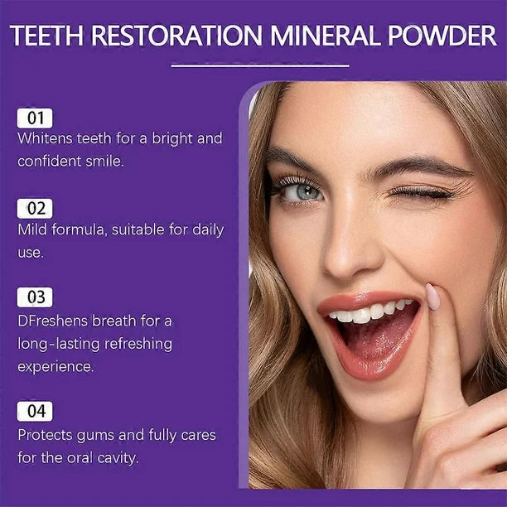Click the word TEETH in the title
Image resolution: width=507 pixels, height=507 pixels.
(51, 37)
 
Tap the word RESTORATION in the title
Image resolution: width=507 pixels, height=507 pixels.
(176, 37)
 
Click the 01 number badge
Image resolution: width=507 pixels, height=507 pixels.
(34, 118)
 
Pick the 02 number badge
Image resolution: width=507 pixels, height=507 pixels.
(34, 208)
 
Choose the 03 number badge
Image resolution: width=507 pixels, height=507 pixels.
(34, 297)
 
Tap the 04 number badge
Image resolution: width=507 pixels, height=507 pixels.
(34, 411)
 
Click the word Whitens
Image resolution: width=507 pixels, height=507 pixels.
(46, 138)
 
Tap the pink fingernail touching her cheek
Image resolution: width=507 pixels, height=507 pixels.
(432, 296)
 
